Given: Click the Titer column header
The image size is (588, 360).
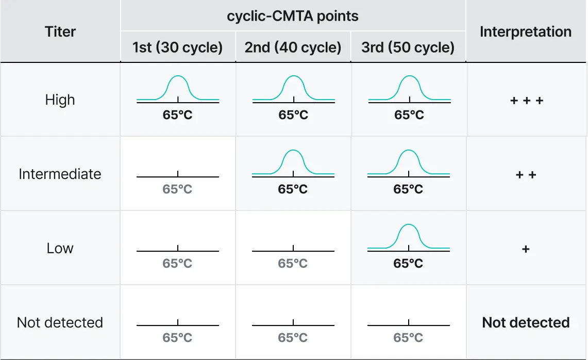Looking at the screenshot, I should [x=60, y=31].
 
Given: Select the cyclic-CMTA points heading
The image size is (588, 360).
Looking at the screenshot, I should [x=293, y=16].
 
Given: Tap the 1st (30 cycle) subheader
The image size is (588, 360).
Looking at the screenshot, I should [x=177, y=47].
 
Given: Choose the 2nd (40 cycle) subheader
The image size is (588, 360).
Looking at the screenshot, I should [x=293, y=47].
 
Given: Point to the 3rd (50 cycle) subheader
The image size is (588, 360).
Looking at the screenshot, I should [x=408, y=47].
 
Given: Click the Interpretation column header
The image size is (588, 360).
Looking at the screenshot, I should [x=526, y=31].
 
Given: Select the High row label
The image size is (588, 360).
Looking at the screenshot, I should [x=60, y=100].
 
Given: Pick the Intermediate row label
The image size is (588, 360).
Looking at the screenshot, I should [x=60, y=174].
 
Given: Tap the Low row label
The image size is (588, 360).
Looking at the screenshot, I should [x=60, y=248].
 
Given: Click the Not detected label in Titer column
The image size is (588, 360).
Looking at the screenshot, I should [x=60, y=322].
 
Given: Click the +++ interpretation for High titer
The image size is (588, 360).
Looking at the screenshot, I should [x=526, y=101].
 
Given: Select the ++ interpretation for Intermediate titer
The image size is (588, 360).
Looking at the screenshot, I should [x=526, y=175].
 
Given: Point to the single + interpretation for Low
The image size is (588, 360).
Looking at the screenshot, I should [x=526, y=249].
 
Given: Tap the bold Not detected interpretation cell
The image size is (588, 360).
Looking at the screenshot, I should [x=526, y=323].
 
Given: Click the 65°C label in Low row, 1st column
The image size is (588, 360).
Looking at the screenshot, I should [x=177, y=263].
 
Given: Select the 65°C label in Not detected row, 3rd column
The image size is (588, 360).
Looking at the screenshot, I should [x=408, y=337].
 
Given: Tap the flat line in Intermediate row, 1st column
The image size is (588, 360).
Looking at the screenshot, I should [x=155, y=177].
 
